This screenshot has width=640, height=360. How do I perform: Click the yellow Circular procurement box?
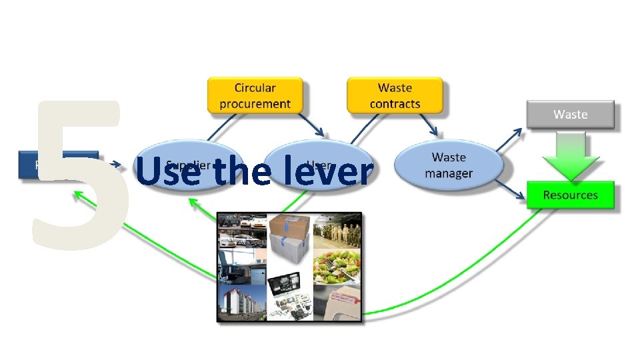tap(255, 95)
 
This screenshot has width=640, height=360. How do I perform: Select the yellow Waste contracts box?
tap(395, 95)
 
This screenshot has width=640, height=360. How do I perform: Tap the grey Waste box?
tap(570, 115)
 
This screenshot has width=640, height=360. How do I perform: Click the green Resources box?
tap(570, 195)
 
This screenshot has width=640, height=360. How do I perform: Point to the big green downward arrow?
tap(570, 157)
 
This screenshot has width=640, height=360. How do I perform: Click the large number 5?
tap(77, 177)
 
